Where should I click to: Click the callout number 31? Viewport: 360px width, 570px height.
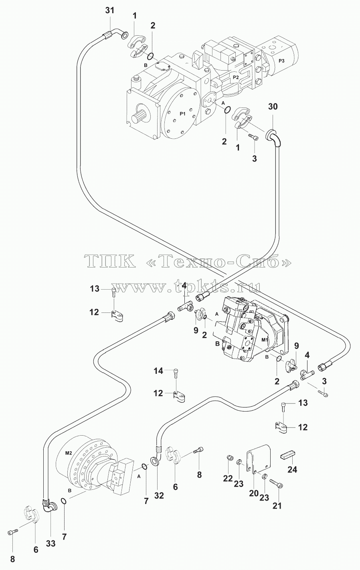click(x=110, y=10)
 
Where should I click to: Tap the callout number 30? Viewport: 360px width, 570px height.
click(x=273, y=107)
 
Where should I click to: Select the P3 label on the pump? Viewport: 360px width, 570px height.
click(x=282, y=61)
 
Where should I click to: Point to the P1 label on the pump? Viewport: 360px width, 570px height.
click(x=182, y=114)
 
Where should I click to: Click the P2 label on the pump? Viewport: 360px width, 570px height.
click(x=236, y=77)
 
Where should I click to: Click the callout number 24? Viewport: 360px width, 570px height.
click(x=292, y=469)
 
